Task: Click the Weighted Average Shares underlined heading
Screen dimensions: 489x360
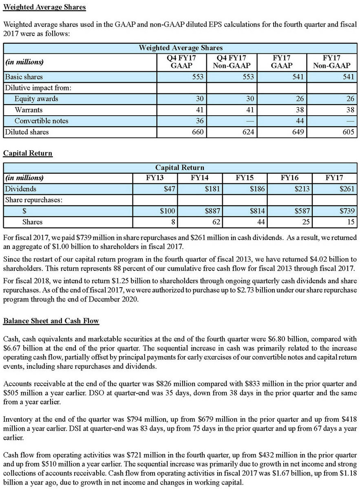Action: tap(44, 7)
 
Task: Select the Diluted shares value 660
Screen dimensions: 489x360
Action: tap(198, 132)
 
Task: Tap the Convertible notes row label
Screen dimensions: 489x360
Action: tap(41, 121)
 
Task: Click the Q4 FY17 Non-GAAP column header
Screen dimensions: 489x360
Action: tap(231, 62)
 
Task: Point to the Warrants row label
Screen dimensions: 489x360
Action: tap(28, 110)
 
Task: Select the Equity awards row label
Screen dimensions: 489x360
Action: tap(36, 99)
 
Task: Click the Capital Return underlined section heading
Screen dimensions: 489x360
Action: tap(28, 153)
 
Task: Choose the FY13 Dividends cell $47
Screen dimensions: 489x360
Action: tap(168, 189)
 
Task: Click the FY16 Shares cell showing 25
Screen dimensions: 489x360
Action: tap(306, 222)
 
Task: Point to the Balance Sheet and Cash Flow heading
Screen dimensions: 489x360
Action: tap(51, 321)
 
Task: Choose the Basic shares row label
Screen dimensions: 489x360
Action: tap(24, 77)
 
